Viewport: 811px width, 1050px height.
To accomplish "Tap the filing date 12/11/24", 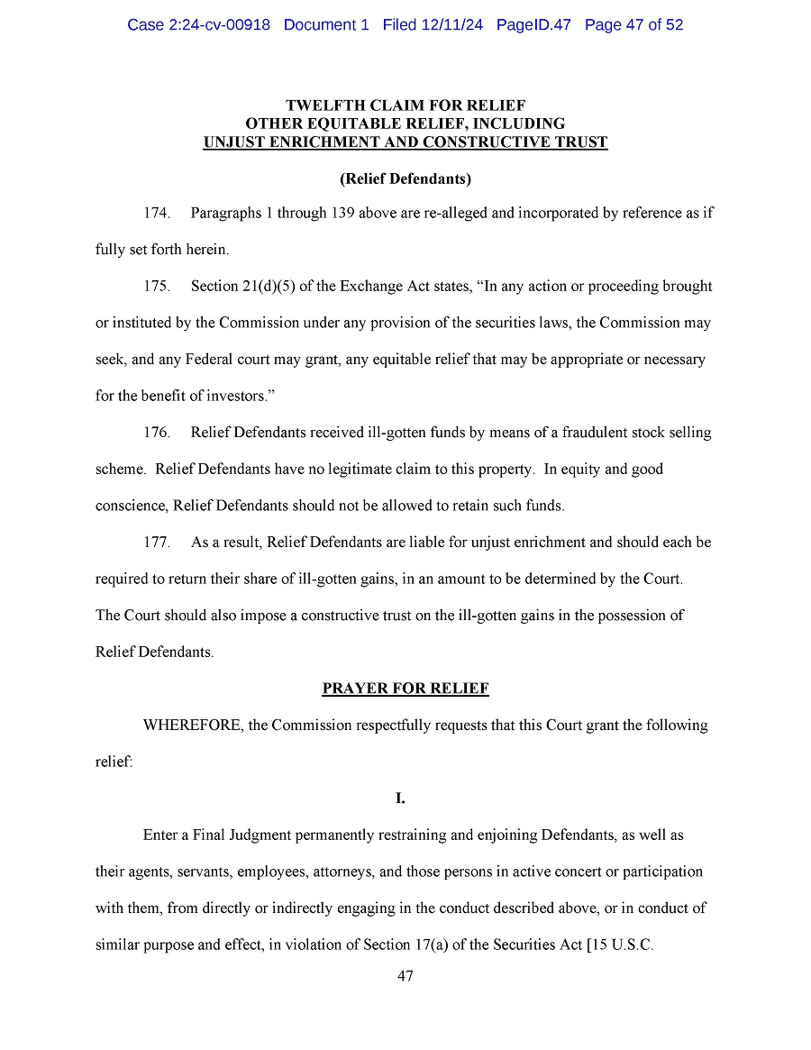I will click(451, 25).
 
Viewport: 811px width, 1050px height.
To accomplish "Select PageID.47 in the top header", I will click(533, 25).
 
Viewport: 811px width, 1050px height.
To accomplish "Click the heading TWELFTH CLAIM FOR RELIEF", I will click(405, 105).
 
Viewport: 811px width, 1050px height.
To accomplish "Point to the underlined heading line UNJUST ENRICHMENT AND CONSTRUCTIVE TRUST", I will click(405, 142).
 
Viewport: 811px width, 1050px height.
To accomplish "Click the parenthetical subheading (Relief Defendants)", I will click(405, 178).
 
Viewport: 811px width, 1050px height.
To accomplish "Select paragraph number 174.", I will click(157, 214).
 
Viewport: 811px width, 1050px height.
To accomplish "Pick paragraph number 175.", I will click(157, 287).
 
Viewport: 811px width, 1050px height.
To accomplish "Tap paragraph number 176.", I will click(157, 433).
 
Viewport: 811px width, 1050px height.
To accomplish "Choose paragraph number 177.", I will click(157, 543).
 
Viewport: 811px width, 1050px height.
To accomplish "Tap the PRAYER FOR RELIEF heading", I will click(405, 689).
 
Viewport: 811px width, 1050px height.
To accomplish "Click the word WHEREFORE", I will click(191, 726).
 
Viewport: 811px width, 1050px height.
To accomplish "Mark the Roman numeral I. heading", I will click(401, 799).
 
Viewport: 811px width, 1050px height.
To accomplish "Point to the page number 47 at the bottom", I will click(405, 976).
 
